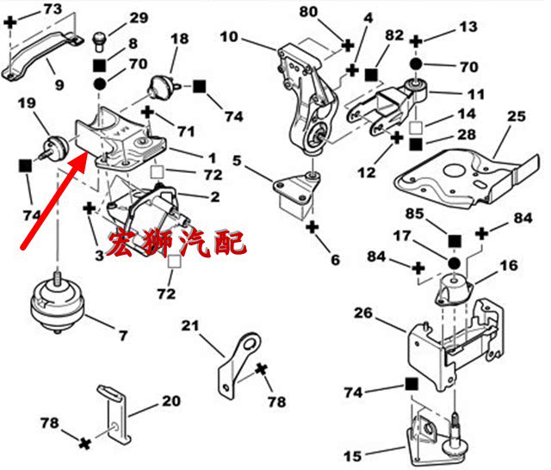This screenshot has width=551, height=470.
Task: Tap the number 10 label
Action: tap(228, 37)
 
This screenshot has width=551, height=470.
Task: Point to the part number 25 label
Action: tap(516, 116)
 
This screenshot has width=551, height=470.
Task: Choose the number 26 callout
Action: tap(364, 313)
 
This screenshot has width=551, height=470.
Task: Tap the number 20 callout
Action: tap(172, 401)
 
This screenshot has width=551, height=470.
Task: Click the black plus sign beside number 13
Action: tap(416, 40)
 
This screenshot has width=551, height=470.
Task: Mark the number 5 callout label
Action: tap(236, 159)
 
